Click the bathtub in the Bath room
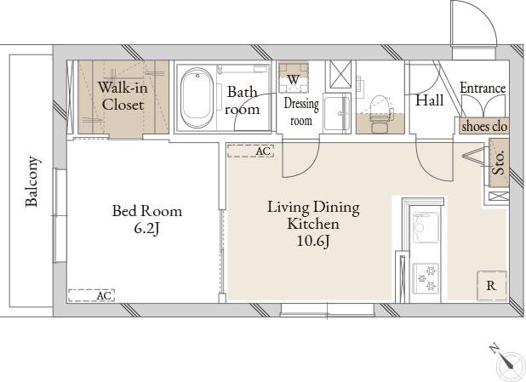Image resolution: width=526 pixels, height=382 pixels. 197,98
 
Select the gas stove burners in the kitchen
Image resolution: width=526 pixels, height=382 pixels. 426,278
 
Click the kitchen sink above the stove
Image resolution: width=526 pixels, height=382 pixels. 426,227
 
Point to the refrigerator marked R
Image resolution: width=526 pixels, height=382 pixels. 492,286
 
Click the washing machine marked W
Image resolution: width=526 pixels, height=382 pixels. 294,78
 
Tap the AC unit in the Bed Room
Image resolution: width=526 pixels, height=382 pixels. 91,295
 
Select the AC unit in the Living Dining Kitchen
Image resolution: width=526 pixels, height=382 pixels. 250,151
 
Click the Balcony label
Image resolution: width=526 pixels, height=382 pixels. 32,181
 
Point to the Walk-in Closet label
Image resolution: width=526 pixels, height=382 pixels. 123,96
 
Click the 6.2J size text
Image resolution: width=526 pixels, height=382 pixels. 146,229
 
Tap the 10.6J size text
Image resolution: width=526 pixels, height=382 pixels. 314,241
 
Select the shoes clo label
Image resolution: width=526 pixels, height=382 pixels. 484,127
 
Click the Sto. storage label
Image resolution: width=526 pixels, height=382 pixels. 499,162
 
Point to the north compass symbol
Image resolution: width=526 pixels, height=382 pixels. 507,362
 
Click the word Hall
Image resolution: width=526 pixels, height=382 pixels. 429,100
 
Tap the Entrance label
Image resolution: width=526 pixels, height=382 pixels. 483,88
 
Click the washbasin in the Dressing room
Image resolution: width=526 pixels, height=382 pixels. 337,113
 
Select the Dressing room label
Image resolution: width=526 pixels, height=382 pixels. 301,111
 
